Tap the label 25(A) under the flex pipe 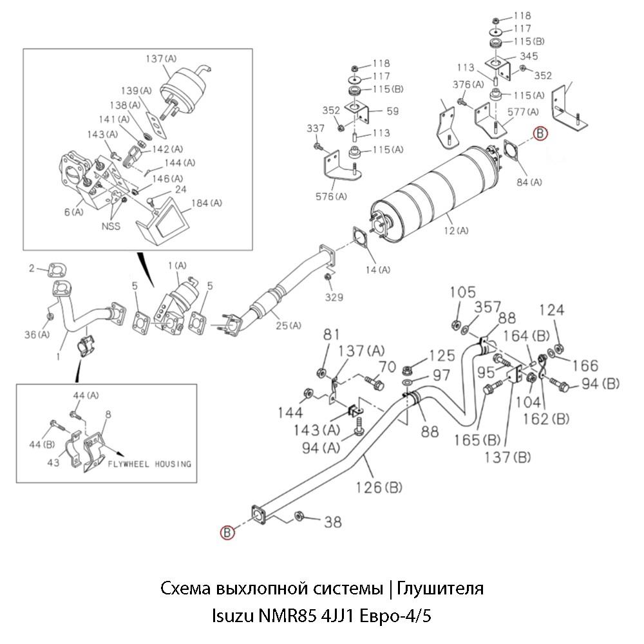tap(286, 325)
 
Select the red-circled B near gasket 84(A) tap(540, 133)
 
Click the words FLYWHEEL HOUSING tap(149, 464)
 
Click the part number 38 tap(332, 522)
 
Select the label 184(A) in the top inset tap(206, 204)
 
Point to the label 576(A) tap(331, 196)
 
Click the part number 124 tap(552, 310)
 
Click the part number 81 tap(331, 334)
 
